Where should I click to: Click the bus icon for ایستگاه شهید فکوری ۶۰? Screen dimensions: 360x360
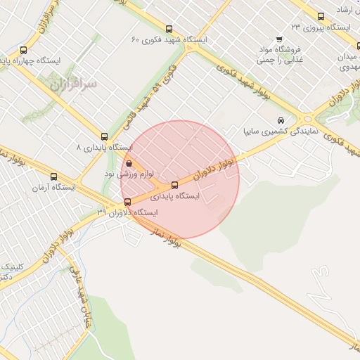coord(168,29)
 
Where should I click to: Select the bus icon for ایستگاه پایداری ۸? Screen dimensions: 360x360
coord(105,136)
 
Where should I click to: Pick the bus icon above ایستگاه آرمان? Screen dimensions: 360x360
coord(54,177)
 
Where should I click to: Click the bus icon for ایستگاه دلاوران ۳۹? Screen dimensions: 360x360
coord(127,202)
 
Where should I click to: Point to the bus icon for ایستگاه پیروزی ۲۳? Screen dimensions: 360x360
coord(321,17)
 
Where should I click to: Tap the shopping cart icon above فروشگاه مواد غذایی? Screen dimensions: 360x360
coord(280,39)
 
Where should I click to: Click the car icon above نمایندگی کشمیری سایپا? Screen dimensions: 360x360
coord(281,120)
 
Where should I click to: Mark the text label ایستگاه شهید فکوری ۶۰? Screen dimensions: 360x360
coord(169,40)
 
